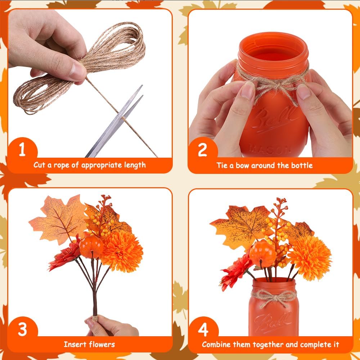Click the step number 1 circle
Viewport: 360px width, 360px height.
22,150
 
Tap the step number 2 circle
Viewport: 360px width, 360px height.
202,150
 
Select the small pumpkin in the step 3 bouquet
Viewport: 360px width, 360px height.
91,246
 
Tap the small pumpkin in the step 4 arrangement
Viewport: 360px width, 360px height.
262,254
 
